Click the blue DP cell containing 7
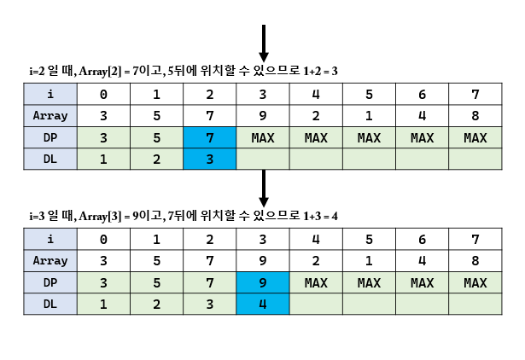click(x=210, y=136)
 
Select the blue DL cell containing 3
click(x=210, y=158)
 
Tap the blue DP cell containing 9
click(x=263, y=282)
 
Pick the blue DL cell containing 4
click(x=263, y=304)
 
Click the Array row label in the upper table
click(x=50, y=115)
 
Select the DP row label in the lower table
click(x=50, y=282)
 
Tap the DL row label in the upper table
click(x=50, y=158)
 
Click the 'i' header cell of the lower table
click(x=50, y=240)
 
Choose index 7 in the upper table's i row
click(x=475, y=94)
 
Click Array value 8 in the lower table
click(x=475, y=261)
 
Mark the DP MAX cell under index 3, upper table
click(x=263, y=136)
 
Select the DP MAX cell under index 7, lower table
click(x=475, y=282)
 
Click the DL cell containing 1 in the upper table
click(x=103, y=158)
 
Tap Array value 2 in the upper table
click(x=316, y=115)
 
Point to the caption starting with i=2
click(x=184, y=72)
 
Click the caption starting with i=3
click(x=184, y=218)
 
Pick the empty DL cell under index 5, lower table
click(x=369, y=304)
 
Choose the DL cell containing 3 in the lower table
click(x=210, y=304)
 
